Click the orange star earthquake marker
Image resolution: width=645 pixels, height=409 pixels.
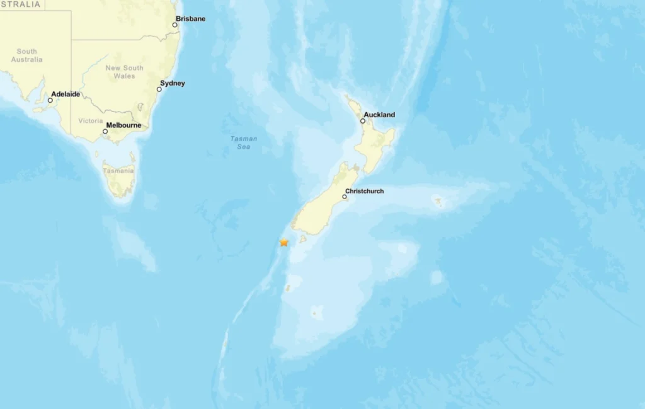point(284,242)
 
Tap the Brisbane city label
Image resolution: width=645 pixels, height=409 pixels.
point(191,19)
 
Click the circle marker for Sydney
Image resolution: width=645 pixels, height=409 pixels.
point(159,89)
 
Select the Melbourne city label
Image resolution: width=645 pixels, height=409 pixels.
point(123,125)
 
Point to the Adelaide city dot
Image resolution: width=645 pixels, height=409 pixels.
point(50,100)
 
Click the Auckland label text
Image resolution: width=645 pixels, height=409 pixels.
point(380,115)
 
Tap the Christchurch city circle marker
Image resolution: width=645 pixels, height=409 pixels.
point(345,197)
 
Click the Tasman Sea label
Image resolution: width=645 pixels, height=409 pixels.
point(244,142)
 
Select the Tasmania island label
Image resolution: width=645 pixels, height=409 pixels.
point(118,171)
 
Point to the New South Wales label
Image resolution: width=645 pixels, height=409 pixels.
point(124,72)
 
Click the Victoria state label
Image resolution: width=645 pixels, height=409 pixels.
point(91,120)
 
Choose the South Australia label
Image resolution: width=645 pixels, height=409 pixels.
point(26,55)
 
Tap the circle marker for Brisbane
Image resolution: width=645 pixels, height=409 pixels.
point(175,25)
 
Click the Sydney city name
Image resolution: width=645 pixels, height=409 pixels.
point(173,83)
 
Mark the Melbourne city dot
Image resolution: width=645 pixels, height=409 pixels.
point(105,132)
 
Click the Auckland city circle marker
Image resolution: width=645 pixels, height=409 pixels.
point(363,121)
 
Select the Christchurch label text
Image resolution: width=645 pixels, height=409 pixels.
point(364,191)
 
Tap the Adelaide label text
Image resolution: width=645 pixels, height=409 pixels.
point(66,94)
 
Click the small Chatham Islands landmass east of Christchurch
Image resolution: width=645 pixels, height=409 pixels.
point(438,202)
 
